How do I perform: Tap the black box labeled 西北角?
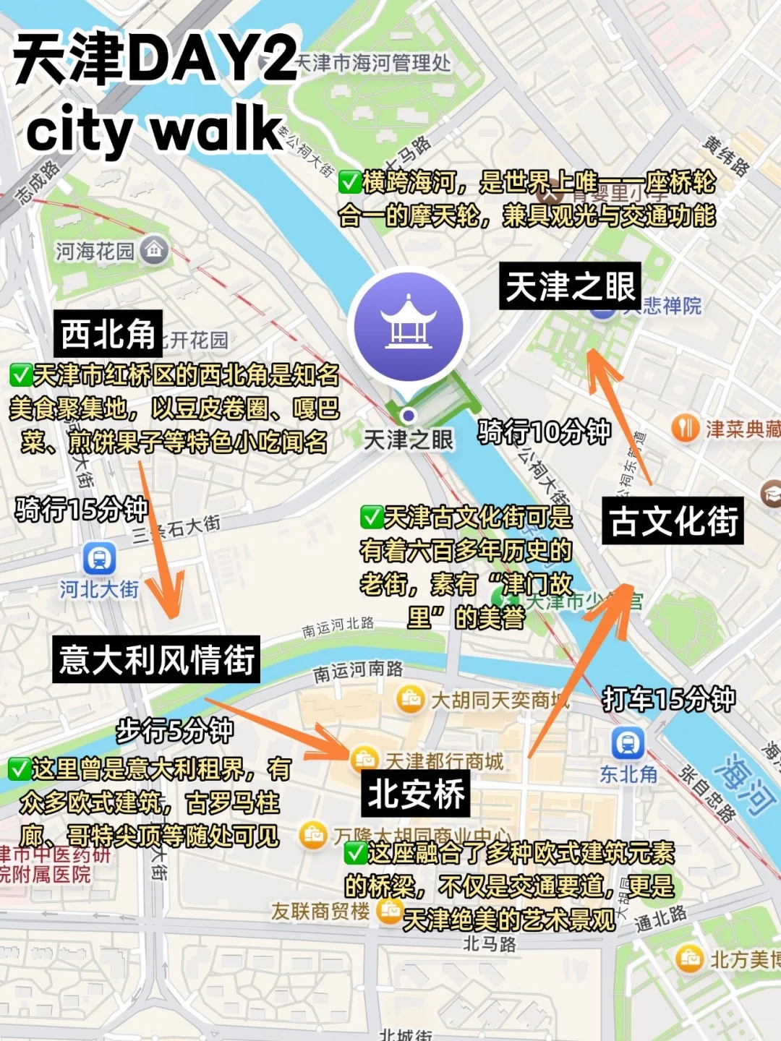pos(108,335)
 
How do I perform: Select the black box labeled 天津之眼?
pos(570,286)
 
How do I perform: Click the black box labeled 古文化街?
pos(673,520)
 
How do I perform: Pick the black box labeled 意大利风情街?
pos(156,659)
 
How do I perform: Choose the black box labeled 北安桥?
pos(416,794)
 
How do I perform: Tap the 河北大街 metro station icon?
pos(99,558)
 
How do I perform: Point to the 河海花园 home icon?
pos(154,250)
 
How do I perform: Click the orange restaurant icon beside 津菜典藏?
pos(684,429)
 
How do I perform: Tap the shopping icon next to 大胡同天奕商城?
pos(411,699)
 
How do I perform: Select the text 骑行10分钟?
pos(544,432)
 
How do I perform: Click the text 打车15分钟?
pos(668,699)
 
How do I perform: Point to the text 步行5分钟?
pos(175,731)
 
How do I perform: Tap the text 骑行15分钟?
pos(81,510)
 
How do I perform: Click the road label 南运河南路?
pos(358,672)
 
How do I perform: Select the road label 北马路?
pos(490,943)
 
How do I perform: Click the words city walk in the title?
pos(154,129)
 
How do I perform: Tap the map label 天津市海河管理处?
pos(373,63)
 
